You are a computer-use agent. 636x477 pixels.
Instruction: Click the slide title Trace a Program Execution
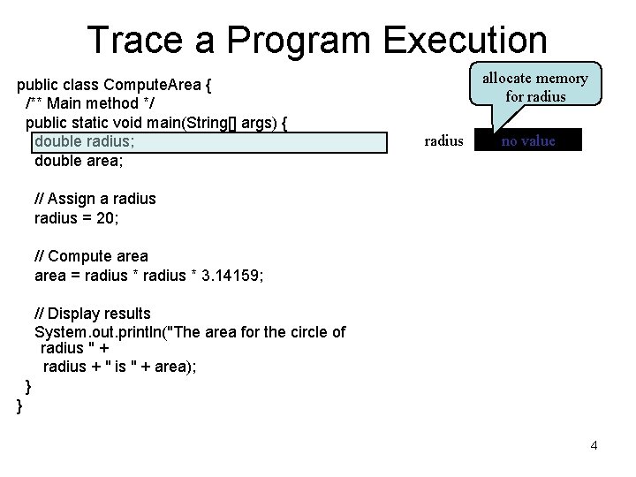317,40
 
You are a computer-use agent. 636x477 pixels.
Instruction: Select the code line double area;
79,162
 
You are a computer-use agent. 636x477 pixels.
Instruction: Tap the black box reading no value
528,140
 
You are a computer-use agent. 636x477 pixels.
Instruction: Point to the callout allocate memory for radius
534,87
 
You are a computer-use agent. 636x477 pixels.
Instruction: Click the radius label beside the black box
443,140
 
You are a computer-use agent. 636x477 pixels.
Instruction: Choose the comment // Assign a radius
95,199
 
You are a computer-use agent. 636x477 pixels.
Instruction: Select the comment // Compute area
91,256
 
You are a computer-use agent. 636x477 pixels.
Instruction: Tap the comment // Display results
92,314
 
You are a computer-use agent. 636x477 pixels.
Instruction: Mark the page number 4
594,445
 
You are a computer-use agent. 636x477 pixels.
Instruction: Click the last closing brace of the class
19,405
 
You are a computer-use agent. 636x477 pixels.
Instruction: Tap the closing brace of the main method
28,386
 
